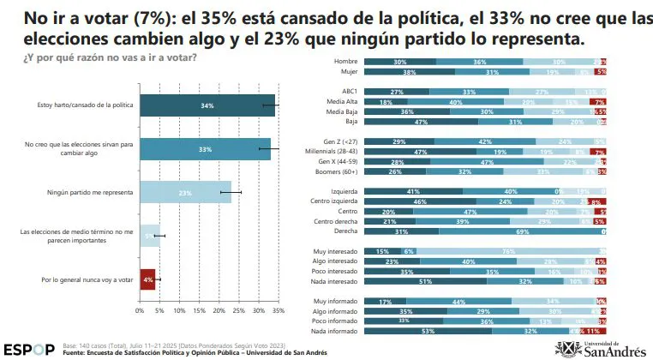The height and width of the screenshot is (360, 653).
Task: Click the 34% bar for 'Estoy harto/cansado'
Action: pyautogui.click(x=207, y=105)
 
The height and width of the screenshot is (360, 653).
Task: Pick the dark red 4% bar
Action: pyautogui.click(x=147, y=279)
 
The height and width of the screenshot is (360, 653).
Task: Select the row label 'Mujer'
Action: pyautogui.click(x=346, y=73)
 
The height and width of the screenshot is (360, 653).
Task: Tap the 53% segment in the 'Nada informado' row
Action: pyautogui.click(x=428, y=329)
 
